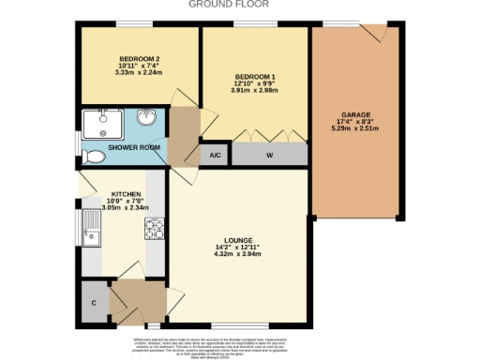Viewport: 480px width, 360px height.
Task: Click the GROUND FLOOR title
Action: [229, 5]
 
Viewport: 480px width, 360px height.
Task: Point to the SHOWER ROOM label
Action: [133, 147]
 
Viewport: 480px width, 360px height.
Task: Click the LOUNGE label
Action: [236, 240]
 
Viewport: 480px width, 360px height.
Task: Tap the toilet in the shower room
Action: [93, 156]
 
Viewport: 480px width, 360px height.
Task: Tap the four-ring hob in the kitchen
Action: [154, 228]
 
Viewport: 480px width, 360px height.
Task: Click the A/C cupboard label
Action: [215, 155]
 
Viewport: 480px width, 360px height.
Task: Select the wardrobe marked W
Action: [269, 155]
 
